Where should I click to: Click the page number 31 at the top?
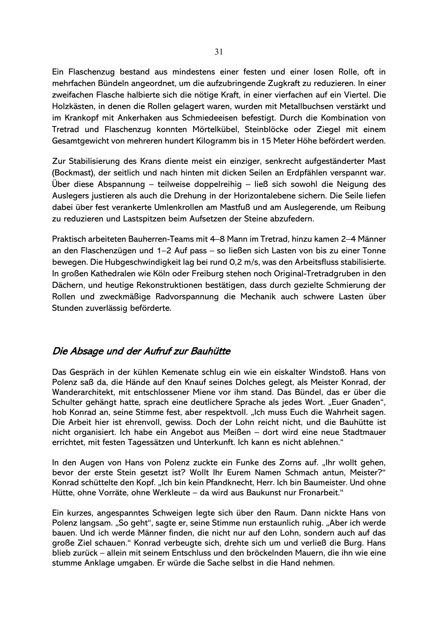pos(219,52)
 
